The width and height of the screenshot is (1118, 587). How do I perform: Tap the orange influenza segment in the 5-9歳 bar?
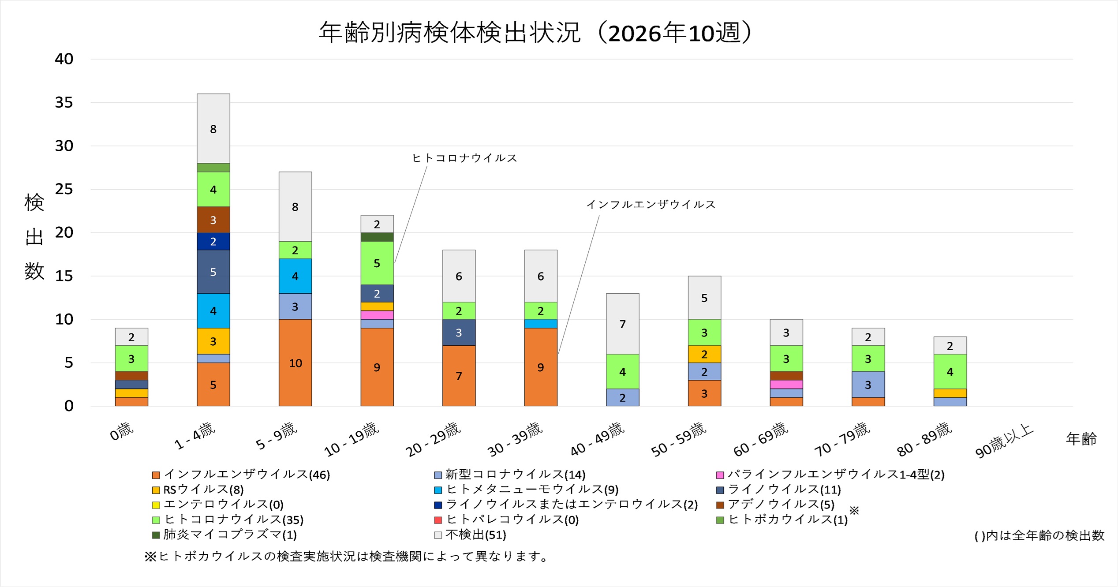click(295, 363)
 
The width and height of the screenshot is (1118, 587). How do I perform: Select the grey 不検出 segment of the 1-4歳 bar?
click(213, 128)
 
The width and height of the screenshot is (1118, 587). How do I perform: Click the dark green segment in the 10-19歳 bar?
click(377, 237)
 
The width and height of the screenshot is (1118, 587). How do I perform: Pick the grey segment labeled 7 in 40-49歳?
click(622, 324)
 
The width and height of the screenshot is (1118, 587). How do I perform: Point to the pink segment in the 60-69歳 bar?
click(786, 384)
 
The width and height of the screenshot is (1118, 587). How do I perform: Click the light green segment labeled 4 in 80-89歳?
click(950, 371)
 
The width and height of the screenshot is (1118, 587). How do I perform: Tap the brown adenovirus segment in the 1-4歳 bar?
click(213, 220)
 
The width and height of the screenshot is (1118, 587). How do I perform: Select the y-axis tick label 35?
click(64, 102)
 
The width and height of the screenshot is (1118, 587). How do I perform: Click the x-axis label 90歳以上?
click(1004, 441)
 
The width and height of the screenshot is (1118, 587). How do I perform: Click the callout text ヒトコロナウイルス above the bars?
click(464, 158)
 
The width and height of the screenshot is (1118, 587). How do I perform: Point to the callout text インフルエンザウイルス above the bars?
click(651, 204)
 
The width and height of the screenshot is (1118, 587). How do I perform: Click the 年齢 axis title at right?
click(1081, 439)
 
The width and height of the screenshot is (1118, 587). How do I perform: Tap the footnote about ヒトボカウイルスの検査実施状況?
click(346, 557)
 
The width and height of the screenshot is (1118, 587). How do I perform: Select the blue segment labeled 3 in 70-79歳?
click(868, 385)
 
